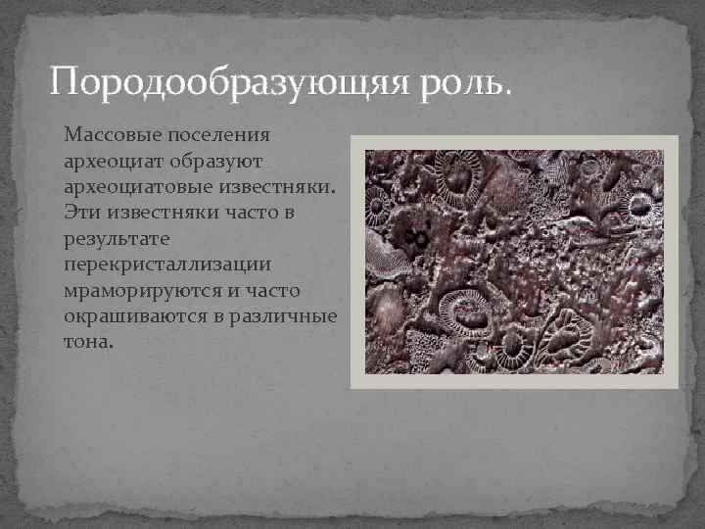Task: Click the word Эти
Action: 81,212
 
